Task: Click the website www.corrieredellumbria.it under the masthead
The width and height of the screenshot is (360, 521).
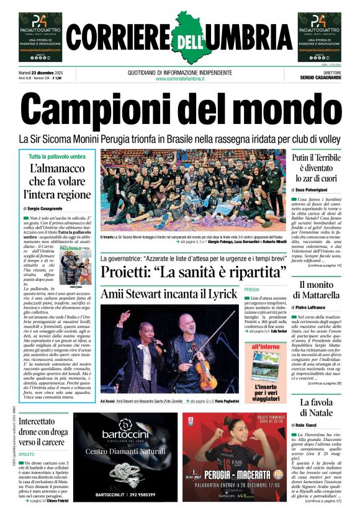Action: [x=180, y=79]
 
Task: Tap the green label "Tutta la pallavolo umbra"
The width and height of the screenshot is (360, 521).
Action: [x=56, y=156]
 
